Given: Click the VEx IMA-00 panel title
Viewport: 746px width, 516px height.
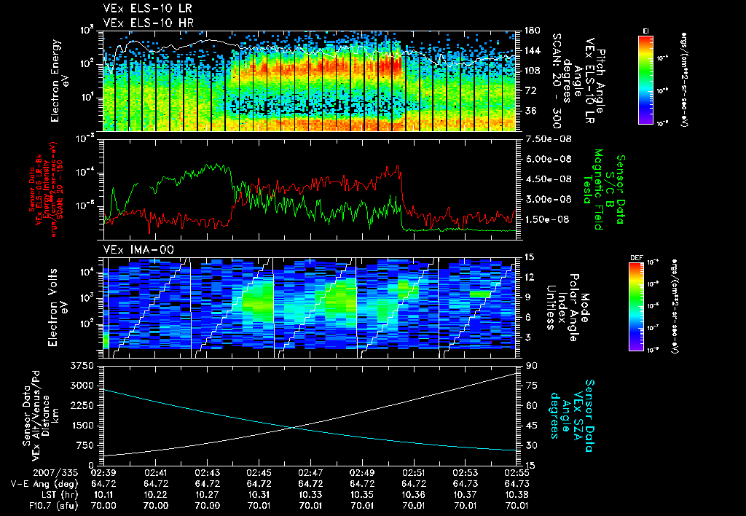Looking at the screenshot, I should (x=133, y=250).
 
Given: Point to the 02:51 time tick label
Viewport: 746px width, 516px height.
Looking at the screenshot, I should (x=414, y=472).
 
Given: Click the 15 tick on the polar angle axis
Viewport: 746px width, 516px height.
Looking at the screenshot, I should (x=527, y=257).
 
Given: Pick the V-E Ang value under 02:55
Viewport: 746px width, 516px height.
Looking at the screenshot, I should (x=517, y=482).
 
